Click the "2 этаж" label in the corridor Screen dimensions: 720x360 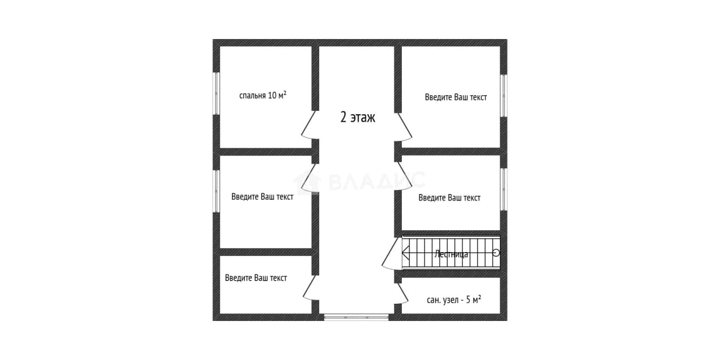358,117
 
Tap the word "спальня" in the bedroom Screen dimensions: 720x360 252,95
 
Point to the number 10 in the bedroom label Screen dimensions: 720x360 272,95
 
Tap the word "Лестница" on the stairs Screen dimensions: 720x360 451,254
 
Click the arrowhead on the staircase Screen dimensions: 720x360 405,253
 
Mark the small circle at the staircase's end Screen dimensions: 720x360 496,253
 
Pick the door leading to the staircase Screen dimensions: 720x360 392,254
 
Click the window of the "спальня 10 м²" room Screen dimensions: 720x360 216,93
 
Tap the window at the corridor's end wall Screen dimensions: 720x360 356,318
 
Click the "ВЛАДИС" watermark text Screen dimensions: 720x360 377,181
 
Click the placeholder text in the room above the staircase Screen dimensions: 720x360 450,198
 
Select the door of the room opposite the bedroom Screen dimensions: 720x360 404,126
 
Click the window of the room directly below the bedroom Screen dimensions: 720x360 216,191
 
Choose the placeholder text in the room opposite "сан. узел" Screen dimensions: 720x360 256,278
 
